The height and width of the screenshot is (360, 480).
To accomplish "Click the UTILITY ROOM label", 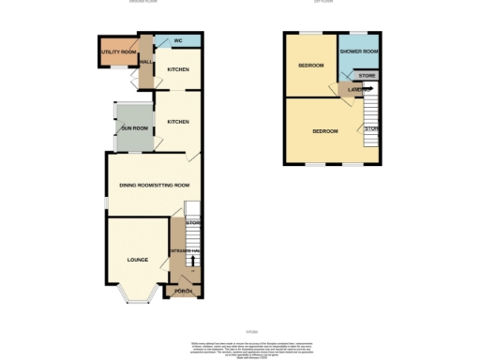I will click(x=118, y=52).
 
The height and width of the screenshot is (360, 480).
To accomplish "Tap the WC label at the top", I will click(x=177, y=41).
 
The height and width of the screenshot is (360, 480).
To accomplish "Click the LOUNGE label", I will click(x=138, y=258).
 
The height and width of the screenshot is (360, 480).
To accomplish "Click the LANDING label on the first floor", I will click(x=355, y=90).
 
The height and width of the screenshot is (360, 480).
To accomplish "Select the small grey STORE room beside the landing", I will click(x=367, y=75).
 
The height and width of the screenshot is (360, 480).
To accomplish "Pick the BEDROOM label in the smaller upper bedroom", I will click(x=311, y=66).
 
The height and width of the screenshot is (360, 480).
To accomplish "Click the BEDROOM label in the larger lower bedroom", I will click(x=324, y=131).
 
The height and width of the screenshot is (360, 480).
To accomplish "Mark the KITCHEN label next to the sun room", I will click(x=178, y=122).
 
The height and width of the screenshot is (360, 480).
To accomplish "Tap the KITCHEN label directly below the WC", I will click(x=178, y=69).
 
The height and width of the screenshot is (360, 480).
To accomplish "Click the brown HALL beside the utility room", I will click(x=145, y=64).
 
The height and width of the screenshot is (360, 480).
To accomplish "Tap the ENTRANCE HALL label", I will click(x=181, y=253).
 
